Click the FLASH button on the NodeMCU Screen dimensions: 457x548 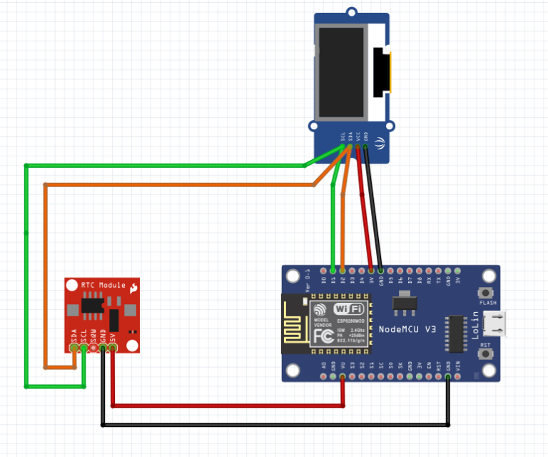pyautogui.click(x=488, y=292)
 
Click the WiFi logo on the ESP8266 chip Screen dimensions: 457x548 pyautogui.click(x=349, y=308)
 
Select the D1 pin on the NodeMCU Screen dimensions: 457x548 pyautogui.click(x=333, y=271)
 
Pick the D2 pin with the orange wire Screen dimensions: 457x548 pyautogui.click(x=342, y=271)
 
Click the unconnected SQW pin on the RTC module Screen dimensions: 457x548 pyautogui.click(x=93, y=347)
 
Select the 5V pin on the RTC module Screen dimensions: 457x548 pyautogui.click(x=113, y=347)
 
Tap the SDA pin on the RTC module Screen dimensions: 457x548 pyautogui.click(x=74, y=347)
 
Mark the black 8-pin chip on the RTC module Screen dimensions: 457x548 pyautogui.click(x=91, y=306)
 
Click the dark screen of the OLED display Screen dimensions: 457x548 pyautogui.click(x=342, y=73)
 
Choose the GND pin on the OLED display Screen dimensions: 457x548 pyautogui.click(x=366, y=147)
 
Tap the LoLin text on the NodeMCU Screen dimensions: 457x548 pyautogui.click(x=475, y=325)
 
